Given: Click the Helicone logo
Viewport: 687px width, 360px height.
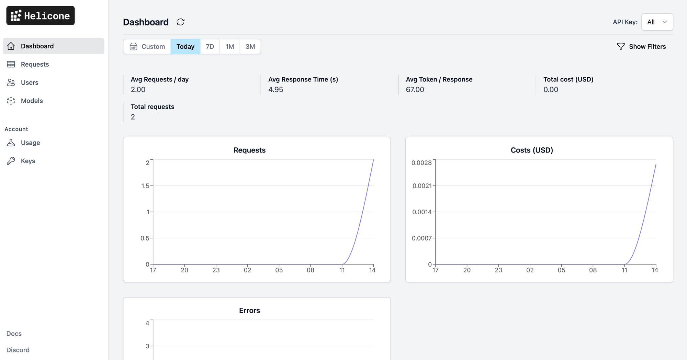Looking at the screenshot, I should click(x=41, y=16).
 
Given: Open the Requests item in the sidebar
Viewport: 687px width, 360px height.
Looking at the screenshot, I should click(x=34, y=64).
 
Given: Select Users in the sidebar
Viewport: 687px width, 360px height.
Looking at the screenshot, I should click(x=29, y=82).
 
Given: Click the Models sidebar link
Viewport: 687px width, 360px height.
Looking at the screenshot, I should click(x=32, y=101).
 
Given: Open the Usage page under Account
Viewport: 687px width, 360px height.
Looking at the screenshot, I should click(x=30, y=143).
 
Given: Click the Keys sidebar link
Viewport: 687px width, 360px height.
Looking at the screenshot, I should click(x=28, y=161).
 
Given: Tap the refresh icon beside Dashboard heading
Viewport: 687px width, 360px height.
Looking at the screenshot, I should click(x=181, y=22).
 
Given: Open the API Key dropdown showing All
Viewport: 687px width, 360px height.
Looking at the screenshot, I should click(x=657, y=22).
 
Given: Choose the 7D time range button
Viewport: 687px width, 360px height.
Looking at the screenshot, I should click(x=210, y=46).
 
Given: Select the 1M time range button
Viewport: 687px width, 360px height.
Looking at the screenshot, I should click(x=230, y=46).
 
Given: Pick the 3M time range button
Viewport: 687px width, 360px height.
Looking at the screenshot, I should click(x=250, y=46).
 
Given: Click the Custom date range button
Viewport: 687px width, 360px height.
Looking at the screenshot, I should click(x=147, y=46).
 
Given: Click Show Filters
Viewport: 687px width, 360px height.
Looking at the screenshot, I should click(x=641, y=46).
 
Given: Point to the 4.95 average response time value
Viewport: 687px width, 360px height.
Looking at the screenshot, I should click(x=275, y=90).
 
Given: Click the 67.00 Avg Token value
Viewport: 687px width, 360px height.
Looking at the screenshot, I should click(x=415, y=90).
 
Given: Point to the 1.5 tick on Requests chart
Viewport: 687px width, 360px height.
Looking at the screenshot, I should click(x=145, y=186).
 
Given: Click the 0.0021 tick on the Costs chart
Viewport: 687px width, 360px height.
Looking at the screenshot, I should click(x=422, y=186).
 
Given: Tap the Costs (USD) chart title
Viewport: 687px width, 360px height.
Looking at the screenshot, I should click(x=532, y=150).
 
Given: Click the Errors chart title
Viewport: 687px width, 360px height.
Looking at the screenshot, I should click(x=249, y=311).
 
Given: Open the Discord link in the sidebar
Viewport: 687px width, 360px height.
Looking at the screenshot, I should click(x=18, y=350).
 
